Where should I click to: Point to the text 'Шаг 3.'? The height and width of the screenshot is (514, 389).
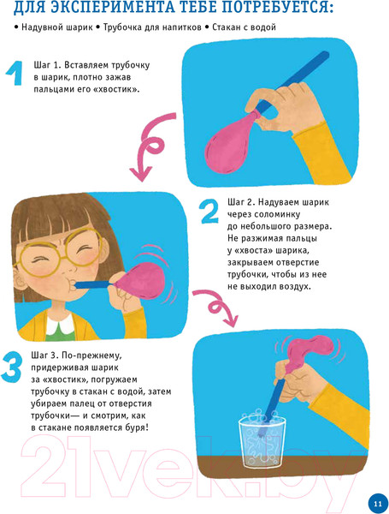click(50, 354)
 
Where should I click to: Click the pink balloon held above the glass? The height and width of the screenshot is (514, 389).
click(303, 350)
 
